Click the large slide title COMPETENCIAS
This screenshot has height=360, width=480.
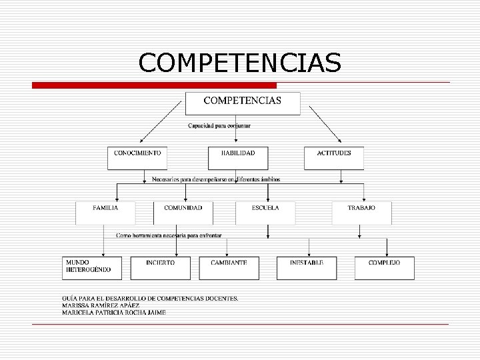pyautogui.click(x=240, y=63)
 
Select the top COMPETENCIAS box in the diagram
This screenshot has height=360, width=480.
pyautogui.click(x=242, y=103)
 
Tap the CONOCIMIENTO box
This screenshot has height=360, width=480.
pyautogui.click(x=137, y=158)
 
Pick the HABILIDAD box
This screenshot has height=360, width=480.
pyautogui.click(x=238, y=158)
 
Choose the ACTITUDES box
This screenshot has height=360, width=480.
pyautogui.click(x=334, y=158)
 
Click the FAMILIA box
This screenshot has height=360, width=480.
pyautogui.click(x=105, y=213)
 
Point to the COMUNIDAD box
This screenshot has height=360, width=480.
pyautogui.click(x=183, y=213)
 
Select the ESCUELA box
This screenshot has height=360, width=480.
pyautogui.click(x=265, y=213)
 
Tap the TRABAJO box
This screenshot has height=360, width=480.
pyautogui.click(x=361, y=213)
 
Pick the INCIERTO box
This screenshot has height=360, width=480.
pyautogui.click(x=167, y=268)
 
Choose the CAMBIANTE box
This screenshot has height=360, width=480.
pyautogui.click(x=229, y=268)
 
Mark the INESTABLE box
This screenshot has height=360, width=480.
pyautogui.click(x=307, y=268)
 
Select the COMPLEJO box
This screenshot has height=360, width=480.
pyautogui.click(x=384, y=268)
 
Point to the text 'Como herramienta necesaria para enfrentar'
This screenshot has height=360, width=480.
pyautogui.click(x=169, y=235)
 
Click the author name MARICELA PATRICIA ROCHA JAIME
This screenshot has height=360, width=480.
pyautogui.click(x=114, y=312)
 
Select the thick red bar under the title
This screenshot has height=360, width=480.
pyautogui.click(x=155, y=85)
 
